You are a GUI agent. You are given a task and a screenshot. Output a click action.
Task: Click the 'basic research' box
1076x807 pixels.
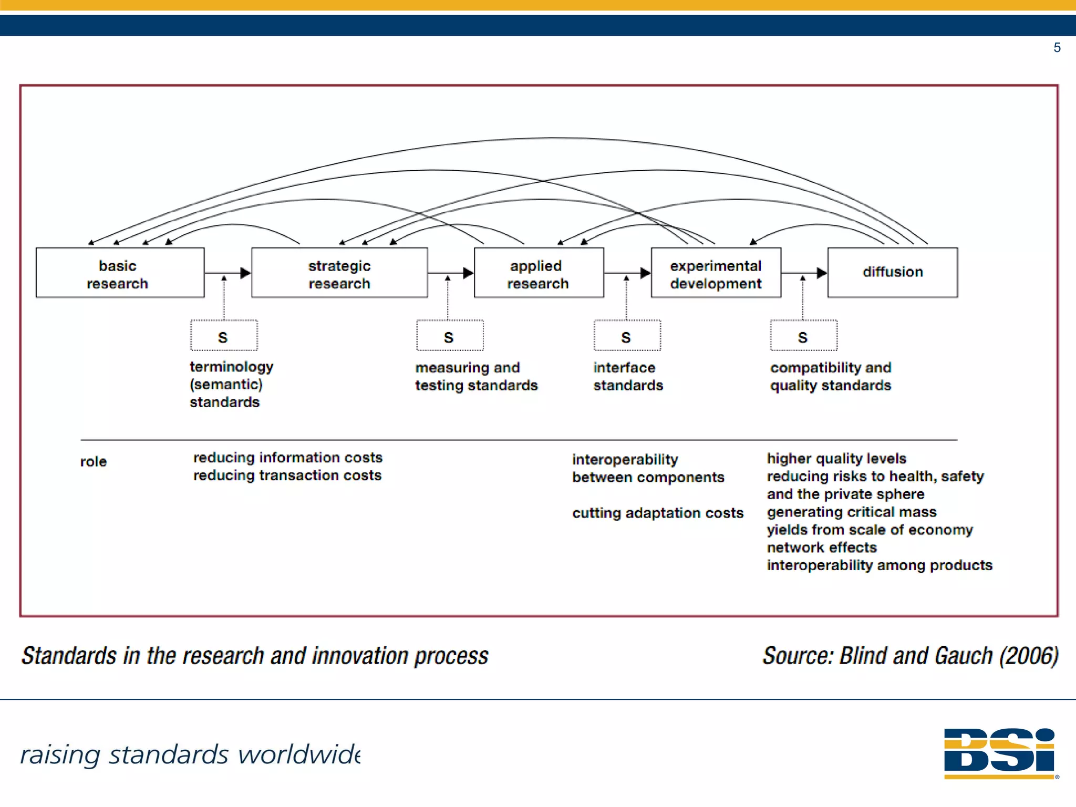pos(120,273)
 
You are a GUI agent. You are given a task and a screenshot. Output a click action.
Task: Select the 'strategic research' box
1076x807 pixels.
pos(339,273)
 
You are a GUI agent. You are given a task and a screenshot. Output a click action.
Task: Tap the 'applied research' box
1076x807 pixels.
pos(539,273)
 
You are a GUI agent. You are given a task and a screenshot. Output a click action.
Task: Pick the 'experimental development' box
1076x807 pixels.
pos(716,273)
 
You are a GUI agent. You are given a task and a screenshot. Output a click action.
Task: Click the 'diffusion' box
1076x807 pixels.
pos(892,272)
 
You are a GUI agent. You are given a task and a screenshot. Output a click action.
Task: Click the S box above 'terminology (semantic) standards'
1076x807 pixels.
pos(224,336)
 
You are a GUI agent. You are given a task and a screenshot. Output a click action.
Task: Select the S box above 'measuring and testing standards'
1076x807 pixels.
pos(449,336)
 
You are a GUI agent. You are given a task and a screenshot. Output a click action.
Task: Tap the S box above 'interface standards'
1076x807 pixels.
pos(627,336)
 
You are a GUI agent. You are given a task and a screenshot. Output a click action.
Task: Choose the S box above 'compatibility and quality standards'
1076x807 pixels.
pos(803,336)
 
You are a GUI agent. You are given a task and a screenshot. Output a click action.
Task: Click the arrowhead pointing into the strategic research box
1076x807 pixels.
pos(245,273)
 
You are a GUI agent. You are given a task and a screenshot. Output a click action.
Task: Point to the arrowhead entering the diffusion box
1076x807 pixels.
pos(822,273)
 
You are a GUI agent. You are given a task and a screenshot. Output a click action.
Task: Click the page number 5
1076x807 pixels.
pos(1057,48)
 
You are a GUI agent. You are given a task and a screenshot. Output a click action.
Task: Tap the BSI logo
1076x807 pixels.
pos(1000,752)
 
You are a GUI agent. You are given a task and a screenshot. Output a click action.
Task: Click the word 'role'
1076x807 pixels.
pos(94,462)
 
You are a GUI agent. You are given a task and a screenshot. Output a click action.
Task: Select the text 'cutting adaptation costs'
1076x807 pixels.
pos(657,513)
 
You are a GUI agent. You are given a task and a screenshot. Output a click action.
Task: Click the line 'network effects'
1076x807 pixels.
pos(821,547)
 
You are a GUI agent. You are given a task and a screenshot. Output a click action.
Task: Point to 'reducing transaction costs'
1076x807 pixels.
pos(287,475)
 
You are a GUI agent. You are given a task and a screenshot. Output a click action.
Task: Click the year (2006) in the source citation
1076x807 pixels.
pos(1029,656)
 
